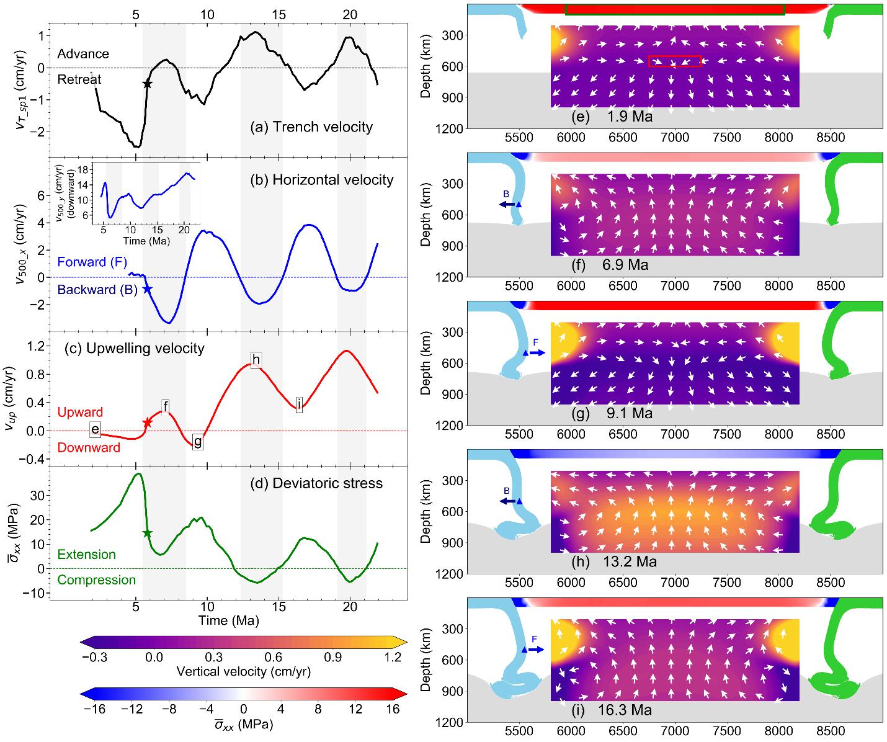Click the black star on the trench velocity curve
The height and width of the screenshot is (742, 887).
(x=147, y=84)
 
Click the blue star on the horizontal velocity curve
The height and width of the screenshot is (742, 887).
(x=147, y=288)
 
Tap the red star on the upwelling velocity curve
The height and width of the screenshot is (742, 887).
(x=147, y=422)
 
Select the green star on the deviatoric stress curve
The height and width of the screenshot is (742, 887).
(x=147, y=533)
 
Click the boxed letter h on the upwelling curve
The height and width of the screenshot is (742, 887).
(x=256, y=360)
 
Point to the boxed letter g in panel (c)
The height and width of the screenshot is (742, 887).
(x=198, y=442)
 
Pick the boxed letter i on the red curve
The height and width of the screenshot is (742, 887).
(x=299, y=405)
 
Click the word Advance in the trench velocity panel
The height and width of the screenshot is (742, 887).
(x=83, y=54)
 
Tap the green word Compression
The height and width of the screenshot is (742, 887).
(x=96, y=580)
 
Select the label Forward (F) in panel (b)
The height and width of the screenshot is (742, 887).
(x=92, y=262)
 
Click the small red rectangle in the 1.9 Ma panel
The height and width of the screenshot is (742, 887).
(x=675, y=61)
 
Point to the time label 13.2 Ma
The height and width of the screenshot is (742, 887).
(x=629, y=562)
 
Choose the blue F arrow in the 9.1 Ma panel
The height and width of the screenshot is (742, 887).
(x=534, y=352)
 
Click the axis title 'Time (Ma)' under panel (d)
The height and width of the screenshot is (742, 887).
(x=228, y=620)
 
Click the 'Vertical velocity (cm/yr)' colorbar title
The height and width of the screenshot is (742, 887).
(x=243, y=671)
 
